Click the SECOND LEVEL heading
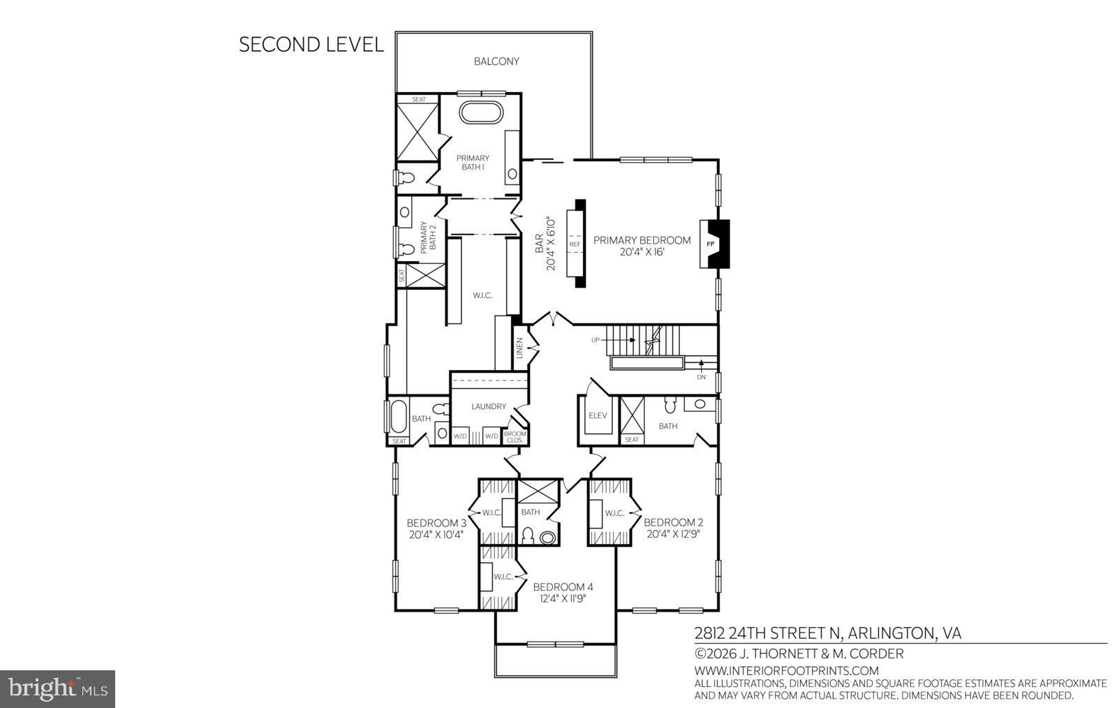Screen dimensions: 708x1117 (311, 45)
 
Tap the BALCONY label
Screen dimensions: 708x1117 (496, 61)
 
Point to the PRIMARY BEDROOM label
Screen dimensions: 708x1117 (642, 240)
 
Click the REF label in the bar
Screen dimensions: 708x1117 (575, 244)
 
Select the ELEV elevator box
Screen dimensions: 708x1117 (598, 415)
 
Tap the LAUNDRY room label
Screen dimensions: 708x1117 (488, 406)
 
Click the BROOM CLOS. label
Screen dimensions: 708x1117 (515, 437)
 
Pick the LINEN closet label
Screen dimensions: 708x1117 (519, 348)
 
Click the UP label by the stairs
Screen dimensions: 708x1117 (596, 340)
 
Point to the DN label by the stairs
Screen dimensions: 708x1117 (701, 377)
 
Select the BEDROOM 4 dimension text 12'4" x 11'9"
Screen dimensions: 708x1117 (563, 598)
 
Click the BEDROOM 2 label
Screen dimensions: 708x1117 (673, 522)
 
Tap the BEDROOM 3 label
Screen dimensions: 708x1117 (436, 523)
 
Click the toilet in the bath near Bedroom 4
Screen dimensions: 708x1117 (528, 536)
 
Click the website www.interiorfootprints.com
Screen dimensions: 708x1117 (786, 671)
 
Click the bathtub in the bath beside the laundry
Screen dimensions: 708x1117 (397, 417)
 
